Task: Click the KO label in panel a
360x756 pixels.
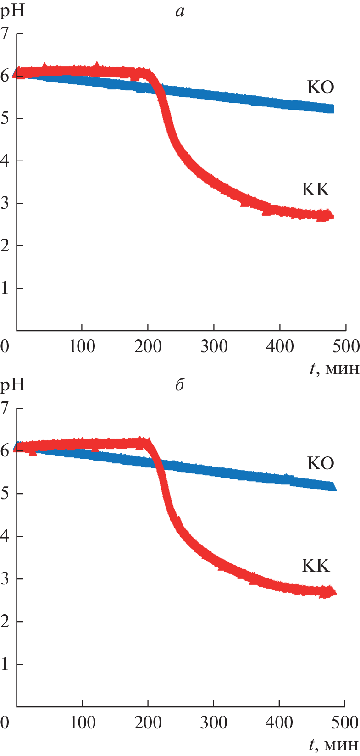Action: pyautogui.click(x=320, y=87)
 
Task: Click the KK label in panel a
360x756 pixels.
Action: pyautogui.click(x=316, y=189)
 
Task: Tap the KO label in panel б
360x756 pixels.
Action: pyautogui.click(x=320, y=463)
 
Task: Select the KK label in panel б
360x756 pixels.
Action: pyautogui.click(x=316, y=565)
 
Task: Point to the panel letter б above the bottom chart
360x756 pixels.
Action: pyautogui.click(x=179, y=385)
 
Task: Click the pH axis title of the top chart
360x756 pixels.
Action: pyautogui.click(x=12, y=10)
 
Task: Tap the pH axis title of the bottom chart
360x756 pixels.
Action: pyautogui.click(x=12, y=384)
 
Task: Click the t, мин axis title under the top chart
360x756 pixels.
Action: pyautogui.click(x=334, y=368)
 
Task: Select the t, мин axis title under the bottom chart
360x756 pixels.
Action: pyautogui.click(x=334, y=745)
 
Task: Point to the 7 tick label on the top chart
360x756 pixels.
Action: pyautogui.click(x=5, y=33)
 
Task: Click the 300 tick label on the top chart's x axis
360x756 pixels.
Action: pyautogui.click(x=214, y=346)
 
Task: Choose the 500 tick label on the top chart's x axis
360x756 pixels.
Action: pyautogui.click(x=346, y=346)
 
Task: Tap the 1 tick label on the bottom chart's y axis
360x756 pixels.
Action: pyautogui.click(x=5, y=664)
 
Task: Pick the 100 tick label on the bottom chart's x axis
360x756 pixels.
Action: pyautogui.click(x=83, y=723)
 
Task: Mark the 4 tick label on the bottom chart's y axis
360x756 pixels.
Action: pyautogui.click(x=5, y=536)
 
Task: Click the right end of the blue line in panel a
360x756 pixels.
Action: pyautogui.click(x=333, y=109)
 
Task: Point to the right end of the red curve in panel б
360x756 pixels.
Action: pyautogui.click(x=335, y=593)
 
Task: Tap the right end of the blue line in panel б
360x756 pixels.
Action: pyautogui.click(x=335, y=487)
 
